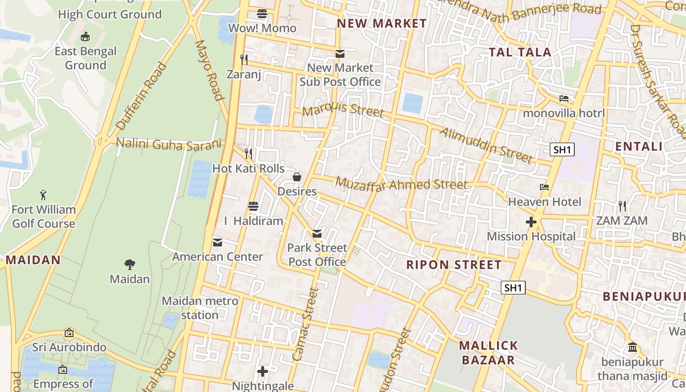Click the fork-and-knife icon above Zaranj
tap(244, 60)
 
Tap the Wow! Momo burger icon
tap(262, 14)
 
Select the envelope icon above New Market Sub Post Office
tap(340, 53)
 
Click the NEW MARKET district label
tap(382, 24)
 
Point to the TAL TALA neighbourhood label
tap(520, 52)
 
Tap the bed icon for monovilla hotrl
tap(564, 98)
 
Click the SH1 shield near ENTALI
tap(562, 149)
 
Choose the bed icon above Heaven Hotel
tap(544, 187)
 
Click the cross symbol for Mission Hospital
tap(531, 222)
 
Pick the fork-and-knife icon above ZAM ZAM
tap(622, 206)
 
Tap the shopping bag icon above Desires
tap(297, 177)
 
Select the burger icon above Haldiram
tap(253, 206)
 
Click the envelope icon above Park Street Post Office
tap(317, 233)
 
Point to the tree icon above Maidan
tap(130, 265)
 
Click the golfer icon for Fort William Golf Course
tap(44, 195)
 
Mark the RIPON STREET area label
tap(454, 265)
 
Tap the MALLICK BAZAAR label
tap(488, 353)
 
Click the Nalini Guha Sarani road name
tap(169, 144)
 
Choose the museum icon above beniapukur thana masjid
tap(633, 347)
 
